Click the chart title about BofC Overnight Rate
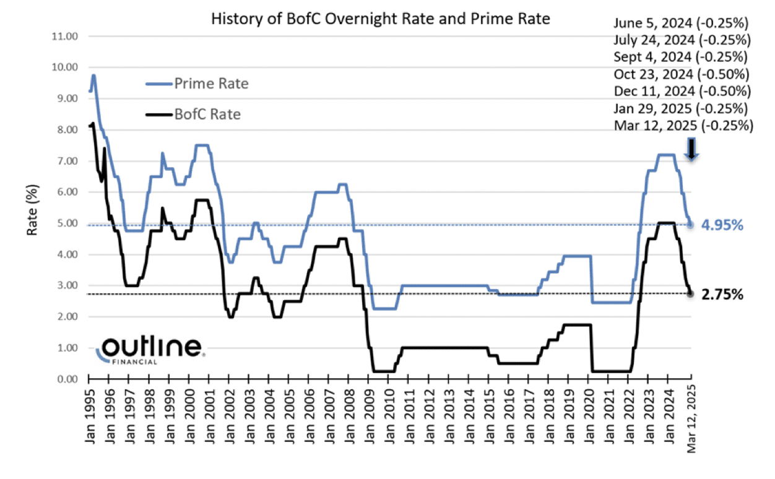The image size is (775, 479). (x=380, y=19)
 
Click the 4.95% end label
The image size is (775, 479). (x=722, y=225)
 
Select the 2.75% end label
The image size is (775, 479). (x=722, y=295)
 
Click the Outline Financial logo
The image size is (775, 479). (x=152, y=350)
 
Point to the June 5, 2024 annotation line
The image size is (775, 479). (x=682, y=24)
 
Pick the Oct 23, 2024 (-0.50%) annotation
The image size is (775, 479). (x=682, y=74)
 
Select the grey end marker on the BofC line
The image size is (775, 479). (x=691, y=293)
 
